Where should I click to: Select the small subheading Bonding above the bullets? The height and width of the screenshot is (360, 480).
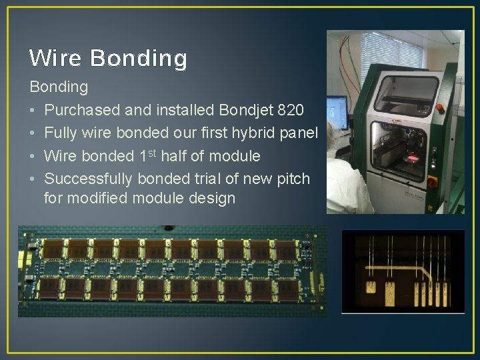(x=59, y=87)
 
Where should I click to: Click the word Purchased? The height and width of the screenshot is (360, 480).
(x=83, y=109)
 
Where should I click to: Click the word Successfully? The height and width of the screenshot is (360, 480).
(x=89, y=179)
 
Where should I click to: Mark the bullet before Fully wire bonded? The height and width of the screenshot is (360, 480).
(x=32, y=133)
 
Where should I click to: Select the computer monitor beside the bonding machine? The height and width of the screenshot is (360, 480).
(x=337, y=111)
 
